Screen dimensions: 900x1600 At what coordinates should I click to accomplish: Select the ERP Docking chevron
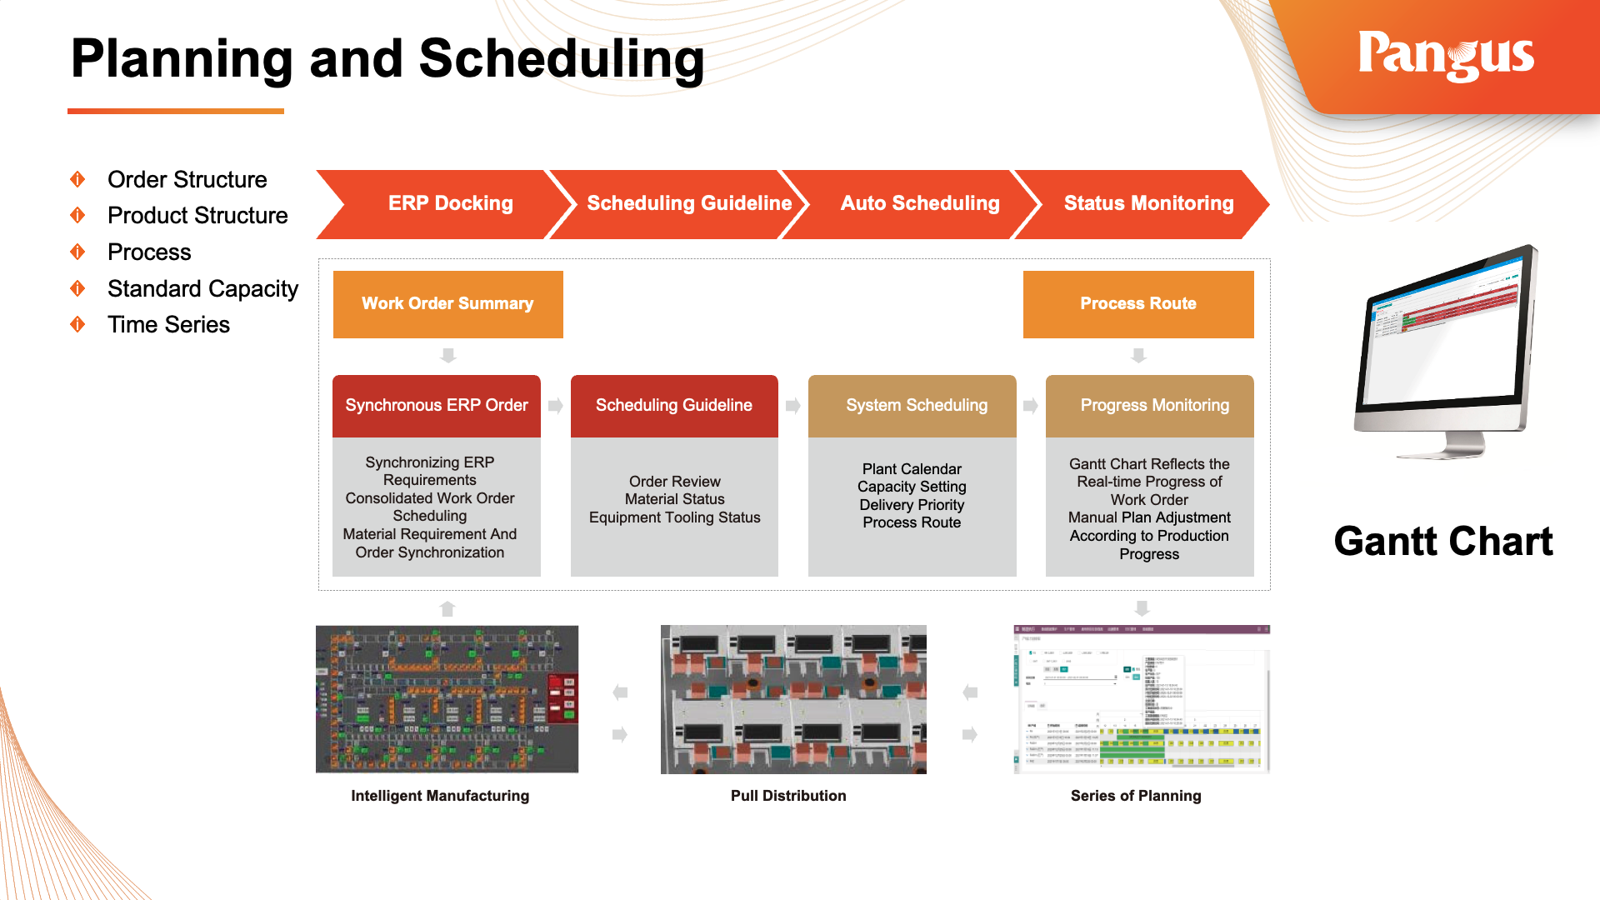pyautogui.click(x=450, y=203)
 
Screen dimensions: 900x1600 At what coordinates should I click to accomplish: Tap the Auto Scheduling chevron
pyautogui.click(x=919, y=203)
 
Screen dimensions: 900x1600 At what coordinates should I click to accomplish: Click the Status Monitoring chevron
pyautogui.click(x=1147, y=203)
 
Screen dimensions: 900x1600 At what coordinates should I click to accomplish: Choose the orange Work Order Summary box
pyautogui.click(x=447, y=304)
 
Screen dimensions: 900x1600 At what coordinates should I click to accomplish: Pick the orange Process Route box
pyautogui.click(x=1137, y=304)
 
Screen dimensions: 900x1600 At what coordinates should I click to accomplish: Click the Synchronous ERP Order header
pyautogui.click(x=436, y=406)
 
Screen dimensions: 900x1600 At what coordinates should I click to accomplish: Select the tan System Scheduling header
pyautogui.click(x=916, y=406)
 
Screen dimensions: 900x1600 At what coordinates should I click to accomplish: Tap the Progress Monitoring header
pyautogui.click(x=1154, y=406)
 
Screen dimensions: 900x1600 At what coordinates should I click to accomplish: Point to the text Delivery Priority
pyautogui.click(x=912, y=505)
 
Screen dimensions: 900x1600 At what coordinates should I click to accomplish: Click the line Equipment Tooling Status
pyautogui.click(x=674, y=517)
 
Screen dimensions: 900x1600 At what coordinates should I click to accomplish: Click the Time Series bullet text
pyautogui.click(x=168, y=325)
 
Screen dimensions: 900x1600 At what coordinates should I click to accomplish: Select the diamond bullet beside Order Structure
pyautogui.click(x=77, y=179)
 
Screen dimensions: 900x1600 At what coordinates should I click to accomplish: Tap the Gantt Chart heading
pyautogui.click(x=1442, y=542)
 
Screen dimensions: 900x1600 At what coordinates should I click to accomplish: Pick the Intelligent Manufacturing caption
pyautogui.click(x=439, y=796)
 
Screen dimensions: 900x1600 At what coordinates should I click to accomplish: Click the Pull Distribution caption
pyautogui.click(x=787, y=796)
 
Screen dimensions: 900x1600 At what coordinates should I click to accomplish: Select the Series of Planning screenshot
pyautogui.click(x=1141, y=699)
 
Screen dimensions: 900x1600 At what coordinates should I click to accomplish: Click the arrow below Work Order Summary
pyautogui.click(x=448, y=356)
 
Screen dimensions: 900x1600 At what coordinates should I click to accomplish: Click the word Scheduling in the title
pyautogui.click(x=561, y=59)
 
